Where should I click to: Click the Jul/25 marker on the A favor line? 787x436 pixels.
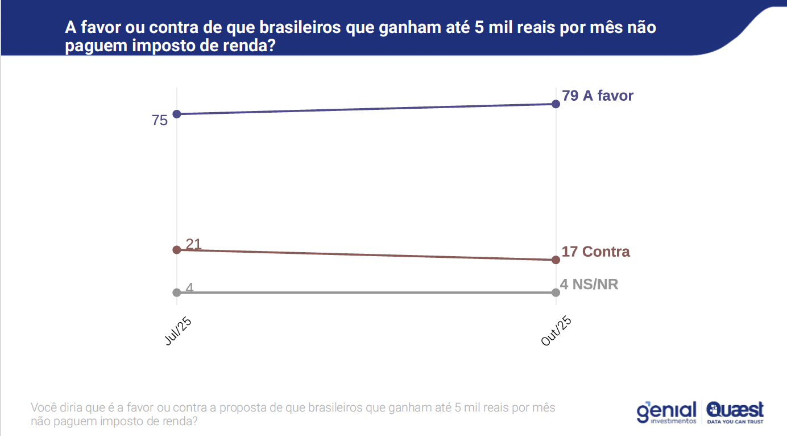click(177, 114)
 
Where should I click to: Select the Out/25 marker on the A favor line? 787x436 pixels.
click(556, 104)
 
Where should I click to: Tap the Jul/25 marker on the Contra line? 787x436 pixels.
click(177, 249)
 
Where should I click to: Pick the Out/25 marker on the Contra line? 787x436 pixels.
click(556, 260)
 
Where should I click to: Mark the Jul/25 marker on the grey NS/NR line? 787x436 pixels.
click(177, 293)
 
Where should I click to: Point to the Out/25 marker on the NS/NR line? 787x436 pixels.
click(556, 293)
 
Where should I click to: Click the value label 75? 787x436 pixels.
click(160, 121)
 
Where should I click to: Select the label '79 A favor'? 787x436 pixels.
click(598, 96)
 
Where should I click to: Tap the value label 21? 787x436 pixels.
click(194, 244)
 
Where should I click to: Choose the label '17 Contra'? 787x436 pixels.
click(595, 252)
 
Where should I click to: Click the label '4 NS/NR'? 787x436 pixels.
click(589, 284)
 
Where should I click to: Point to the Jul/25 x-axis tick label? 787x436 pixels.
click(178, 331)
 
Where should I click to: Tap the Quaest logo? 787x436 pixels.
click(735, 409)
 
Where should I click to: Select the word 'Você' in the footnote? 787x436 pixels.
click(44, 408)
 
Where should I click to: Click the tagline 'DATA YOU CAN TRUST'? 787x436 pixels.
click(735, 422)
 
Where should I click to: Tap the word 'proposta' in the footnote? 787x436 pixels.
click(241, 408)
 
